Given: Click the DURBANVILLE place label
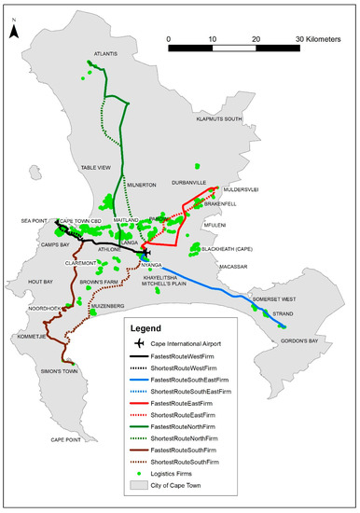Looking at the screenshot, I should (191, 183).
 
